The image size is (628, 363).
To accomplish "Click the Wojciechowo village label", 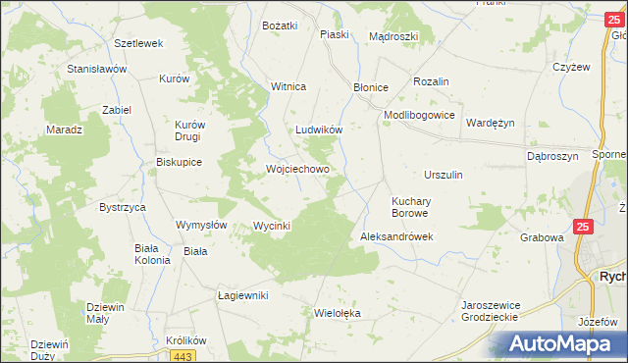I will coord(297,169).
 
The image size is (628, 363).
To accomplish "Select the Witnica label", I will coord(288,86).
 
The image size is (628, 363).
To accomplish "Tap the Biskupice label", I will coord(179,163).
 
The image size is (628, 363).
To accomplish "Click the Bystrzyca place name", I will coord(123,208).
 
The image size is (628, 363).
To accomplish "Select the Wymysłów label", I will coord(201,225).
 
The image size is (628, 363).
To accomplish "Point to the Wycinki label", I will coord(272,226).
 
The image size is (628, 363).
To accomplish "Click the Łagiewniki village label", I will coord(242,294).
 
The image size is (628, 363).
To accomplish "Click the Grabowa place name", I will coord(542,237).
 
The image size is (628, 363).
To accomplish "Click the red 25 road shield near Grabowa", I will coord(583,227).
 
